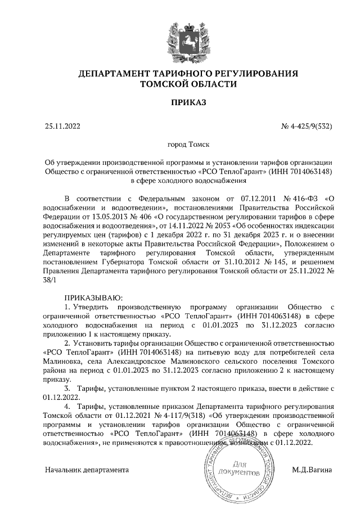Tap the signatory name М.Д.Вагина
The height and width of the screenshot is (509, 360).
pos(312,469)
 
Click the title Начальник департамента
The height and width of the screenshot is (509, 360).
pos(87,469)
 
